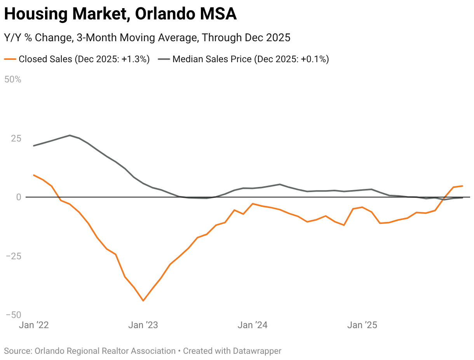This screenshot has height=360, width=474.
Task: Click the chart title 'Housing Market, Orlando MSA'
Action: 120,15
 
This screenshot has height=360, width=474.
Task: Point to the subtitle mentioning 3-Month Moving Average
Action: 147,38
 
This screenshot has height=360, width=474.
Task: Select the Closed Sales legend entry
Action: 84,59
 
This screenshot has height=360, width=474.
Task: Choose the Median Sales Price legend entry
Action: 251,59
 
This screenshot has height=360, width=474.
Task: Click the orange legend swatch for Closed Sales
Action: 10,59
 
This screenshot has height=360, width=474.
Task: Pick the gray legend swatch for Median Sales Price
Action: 164,59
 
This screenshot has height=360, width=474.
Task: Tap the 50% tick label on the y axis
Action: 12,80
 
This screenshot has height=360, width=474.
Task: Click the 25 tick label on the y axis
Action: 12,139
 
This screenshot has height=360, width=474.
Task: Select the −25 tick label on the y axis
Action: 12,257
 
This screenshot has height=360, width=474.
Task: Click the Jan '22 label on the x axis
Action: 34,325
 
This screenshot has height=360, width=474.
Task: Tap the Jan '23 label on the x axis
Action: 143,325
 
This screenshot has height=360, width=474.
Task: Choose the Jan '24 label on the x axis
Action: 253,325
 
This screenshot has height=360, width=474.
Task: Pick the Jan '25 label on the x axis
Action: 362,325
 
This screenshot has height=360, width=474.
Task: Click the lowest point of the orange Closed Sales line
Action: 143,301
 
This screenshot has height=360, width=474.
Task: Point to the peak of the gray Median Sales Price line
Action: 70,135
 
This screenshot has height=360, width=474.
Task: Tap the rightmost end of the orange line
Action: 462,186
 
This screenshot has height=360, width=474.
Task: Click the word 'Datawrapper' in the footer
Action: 257,351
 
